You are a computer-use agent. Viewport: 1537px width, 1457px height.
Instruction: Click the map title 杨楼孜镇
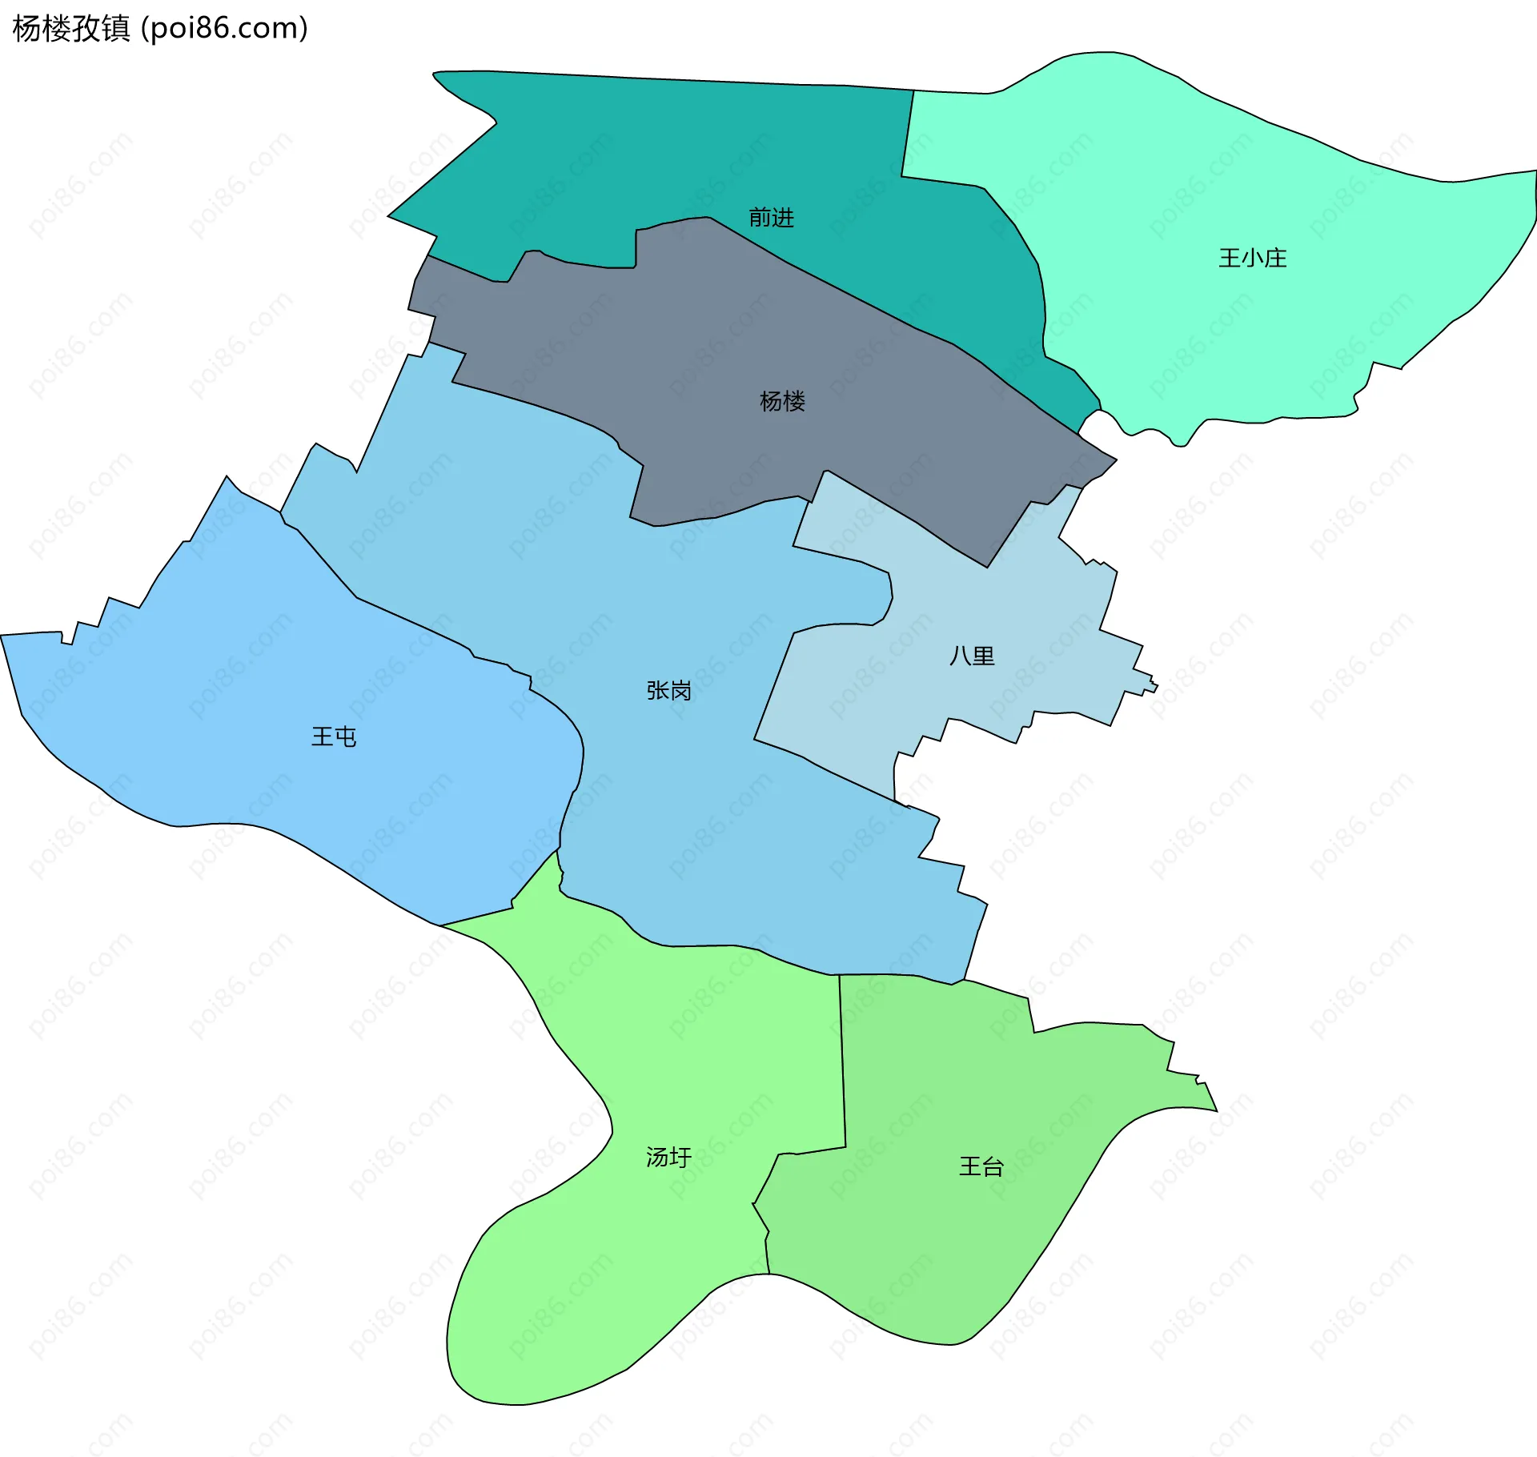(x=70, y=29)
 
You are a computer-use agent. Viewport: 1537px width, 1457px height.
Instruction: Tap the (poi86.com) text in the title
(x=224, y=29)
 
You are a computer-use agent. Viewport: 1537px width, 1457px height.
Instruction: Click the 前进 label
(x=771, y=218)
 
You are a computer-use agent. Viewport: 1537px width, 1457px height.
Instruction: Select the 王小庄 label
(x=1252, y=258)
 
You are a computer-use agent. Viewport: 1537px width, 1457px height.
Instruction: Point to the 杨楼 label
(x=782, y=401)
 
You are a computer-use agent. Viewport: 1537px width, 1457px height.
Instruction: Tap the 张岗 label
(x=668, y=690)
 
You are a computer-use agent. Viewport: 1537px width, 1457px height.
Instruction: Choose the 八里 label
(x=972, y=656)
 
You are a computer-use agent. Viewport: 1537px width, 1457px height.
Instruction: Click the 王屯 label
(x=334, y=737)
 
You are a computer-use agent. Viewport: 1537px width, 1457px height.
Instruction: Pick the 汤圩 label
(x=668, y=1157)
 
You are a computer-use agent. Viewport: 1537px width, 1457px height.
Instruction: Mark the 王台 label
(x=981, y=1166)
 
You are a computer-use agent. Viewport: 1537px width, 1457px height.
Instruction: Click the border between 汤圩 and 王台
(x=843, y=1065)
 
